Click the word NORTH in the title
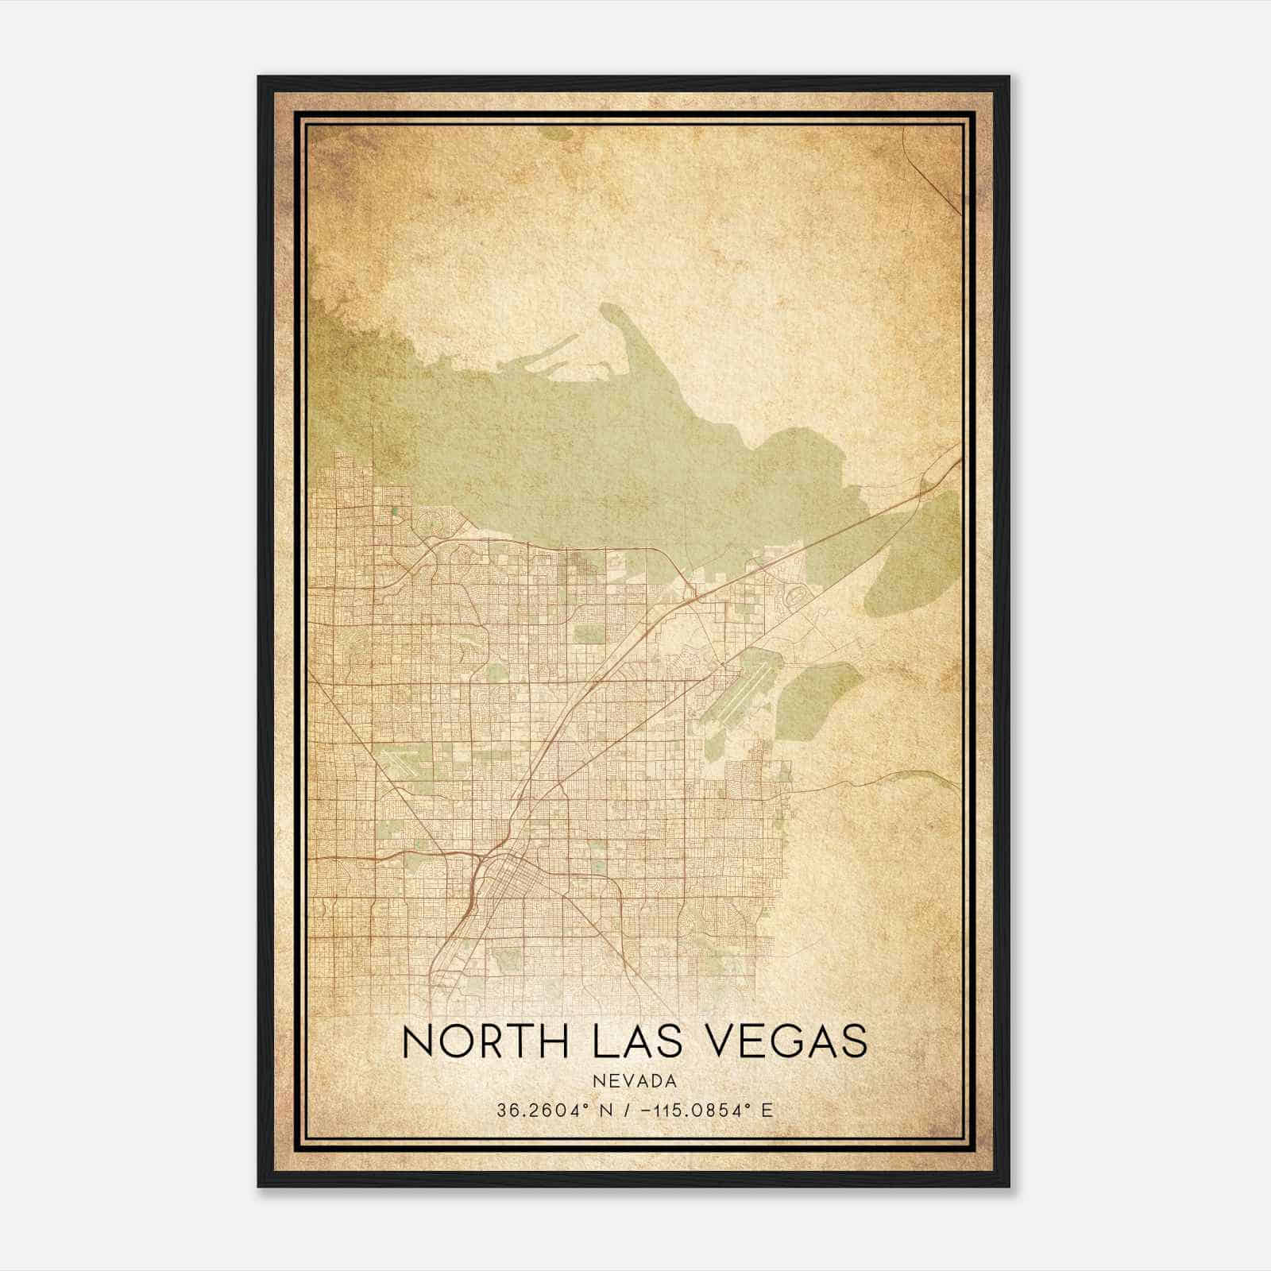485,1041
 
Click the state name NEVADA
635,1081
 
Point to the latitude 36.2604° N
548,1111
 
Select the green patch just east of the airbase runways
818,699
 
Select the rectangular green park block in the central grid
589,634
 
